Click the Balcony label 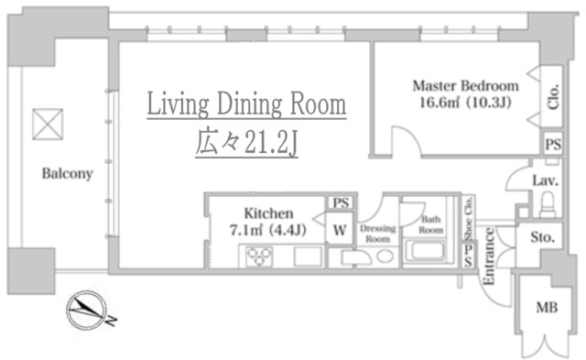[67, 174]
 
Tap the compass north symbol [87, 310]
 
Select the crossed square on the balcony [48, 124]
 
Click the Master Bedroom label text [466, 86]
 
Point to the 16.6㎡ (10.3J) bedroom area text [465, 102]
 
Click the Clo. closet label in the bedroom [553, 96]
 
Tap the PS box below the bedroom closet [553, 144]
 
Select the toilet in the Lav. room [548, 204]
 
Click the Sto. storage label [542, 237]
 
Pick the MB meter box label [547, 308]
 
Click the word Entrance [489, 256]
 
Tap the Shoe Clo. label [468, 218]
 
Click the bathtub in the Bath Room [425, 251]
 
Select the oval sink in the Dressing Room [385, 256]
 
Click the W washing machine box [340, 229]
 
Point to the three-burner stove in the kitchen [259, 256]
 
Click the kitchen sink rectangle [308, 256]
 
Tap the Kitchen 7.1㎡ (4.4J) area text [268, 222]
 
